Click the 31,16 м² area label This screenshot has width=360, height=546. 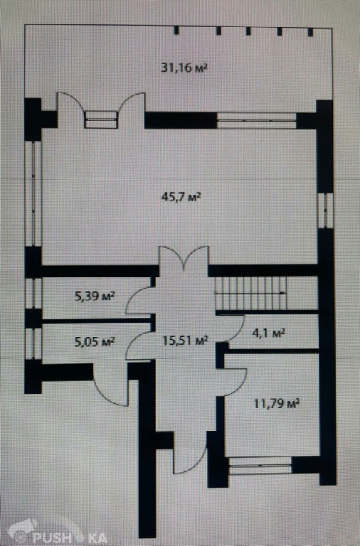184,68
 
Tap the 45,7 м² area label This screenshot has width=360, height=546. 181,197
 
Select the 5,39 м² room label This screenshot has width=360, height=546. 95,296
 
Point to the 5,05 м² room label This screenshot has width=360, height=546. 95,341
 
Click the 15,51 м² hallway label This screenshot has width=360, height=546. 186,340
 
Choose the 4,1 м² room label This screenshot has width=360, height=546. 268,333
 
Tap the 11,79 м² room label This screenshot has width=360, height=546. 277,404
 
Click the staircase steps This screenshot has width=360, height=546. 251,293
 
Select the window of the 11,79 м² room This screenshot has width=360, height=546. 260,465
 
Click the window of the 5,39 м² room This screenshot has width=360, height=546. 34,293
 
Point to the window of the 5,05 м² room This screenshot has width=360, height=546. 34,343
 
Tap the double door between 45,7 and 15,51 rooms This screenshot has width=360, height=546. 184,258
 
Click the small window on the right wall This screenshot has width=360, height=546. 326,210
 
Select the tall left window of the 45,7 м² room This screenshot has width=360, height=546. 34,193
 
